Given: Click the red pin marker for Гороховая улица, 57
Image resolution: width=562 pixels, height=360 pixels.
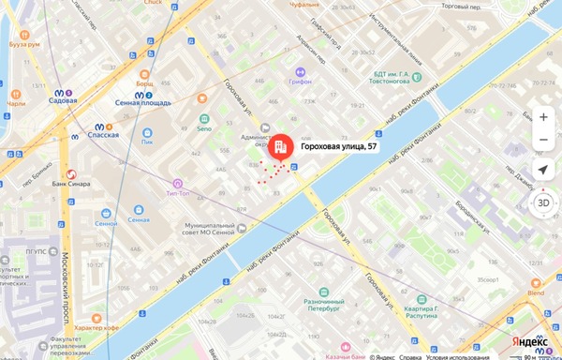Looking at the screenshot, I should coord(280,146).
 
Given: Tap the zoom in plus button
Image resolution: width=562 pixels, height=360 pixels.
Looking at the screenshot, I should coord(543,117).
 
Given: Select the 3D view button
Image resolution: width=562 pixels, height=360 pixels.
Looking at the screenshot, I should coord(543,202).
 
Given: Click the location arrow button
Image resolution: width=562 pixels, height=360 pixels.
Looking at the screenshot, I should coord(543,170).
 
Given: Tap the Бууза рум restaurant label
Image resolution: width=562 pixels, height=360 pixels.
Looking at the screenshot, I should coord(23,44).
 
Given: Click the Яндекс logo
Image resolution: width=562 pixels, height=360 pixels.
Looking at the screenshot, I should coord(530,343).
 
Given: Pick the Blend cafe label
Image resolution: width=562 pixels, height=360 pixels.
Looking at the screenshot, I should coord(535,292).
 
